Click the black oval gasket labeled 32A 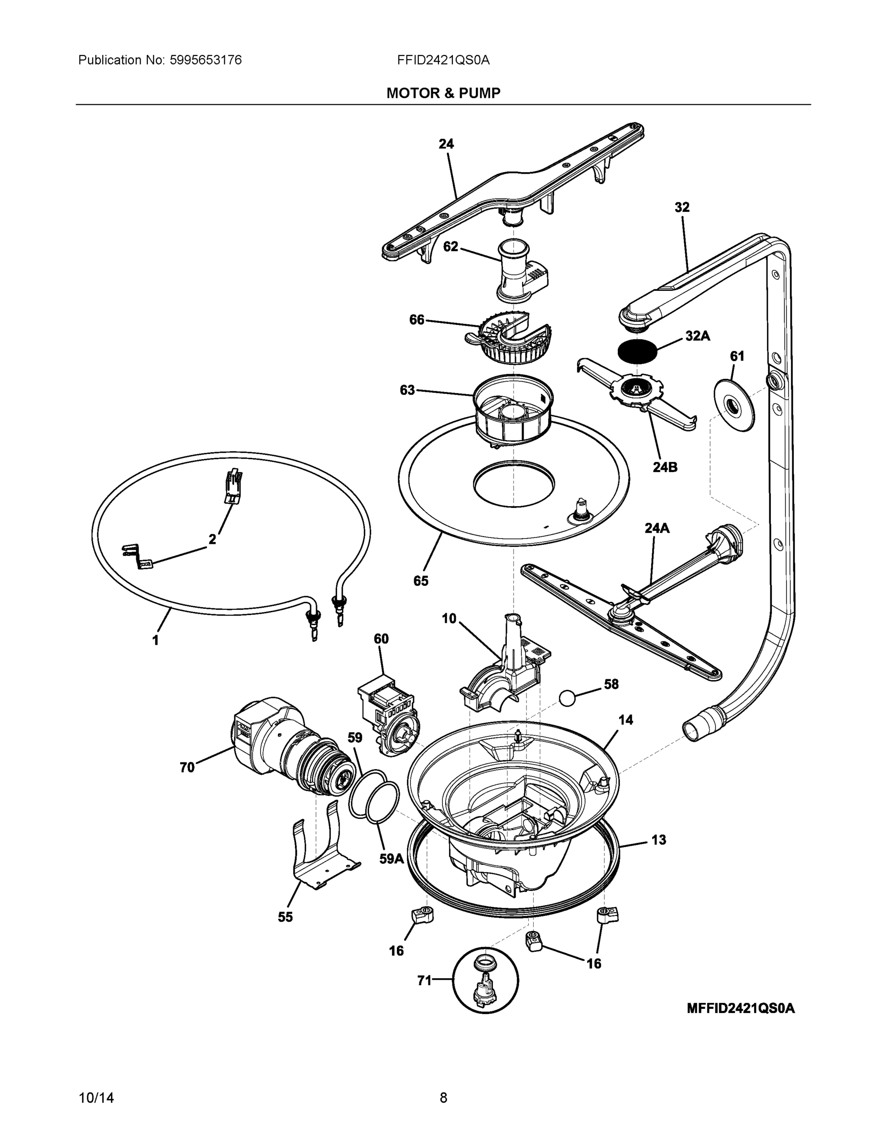(637, 351)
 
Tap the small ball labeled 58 (569, 698)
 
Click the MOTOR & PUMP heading (443, 93)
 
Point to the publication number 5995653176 (206, 60)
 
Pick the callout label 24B (665, 467)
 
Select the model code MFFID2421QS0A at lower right (741, 1008)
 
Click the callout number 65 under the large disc (420, 580)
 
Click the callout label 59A (392, 859)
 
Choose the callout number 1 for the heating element (155, 640)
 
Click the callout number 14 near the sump (625, 719)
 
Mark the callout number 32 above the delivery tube (681, 207)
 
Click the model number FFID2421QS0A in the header (443, 60)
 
